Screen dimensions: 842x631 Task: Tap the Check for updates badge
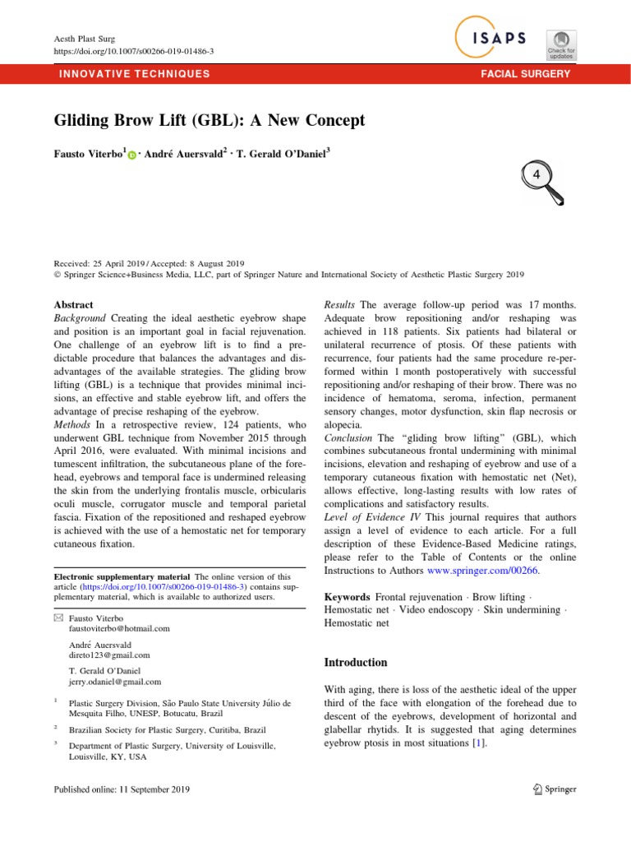561,44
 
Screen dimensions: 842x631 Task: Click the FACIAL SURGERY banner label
526,74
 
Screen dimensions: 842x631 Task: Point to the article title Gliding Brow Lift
209,120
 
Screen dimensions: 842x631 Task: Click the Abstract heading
73,304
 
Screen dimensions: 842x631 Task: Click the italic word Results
340,304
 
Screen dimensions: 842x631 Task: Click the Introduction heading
357,662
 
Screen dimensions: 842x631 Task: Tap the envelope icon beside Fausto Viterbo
58,616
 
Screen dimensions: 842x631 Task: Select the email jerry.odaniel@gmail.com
115,682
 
